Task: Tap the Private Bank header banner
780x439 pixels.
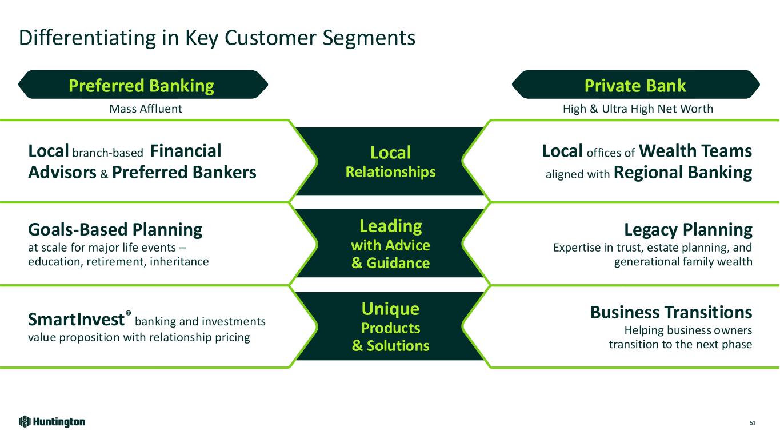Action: [x=635, y=86]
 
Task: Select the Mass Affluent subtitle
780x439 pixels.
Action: [x=146, y=109]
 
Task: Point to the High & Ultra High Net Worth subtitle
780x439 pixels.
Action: [x=638, y=109]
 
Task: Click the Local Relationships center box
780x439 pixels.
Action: [x=390, y=161]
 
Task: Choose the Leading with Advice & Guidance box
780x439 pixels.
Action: [x=390, y=244]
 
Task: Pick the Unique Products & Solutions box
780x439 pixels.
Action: [x=390, y=327]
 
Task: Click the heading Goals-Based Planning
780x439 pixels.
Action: [x=115, y=229]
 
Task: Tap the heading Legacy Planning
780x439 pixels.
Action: [x=688, y=230]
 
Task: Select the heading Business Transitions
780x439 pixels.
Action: [x=670, y=312]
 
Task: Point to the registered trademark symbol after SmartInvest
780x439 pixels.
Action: [x=128, y=314]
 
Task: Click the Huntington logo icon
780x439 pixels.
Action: [x=24, y=422]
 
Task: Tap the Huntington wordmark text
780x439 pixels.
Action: [x=59, y=422]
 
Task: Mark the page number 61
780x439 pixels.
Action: [x=752, y=422]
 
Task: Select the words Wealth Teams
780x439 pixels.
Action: [x=695, y=151]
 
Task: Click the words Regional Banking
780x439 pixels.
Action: [x=682, y=173]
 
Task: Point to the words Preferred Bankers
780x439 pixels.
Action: [x=184, y=173]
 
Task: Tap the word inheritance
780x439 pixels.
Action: [x=181, y=261]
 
